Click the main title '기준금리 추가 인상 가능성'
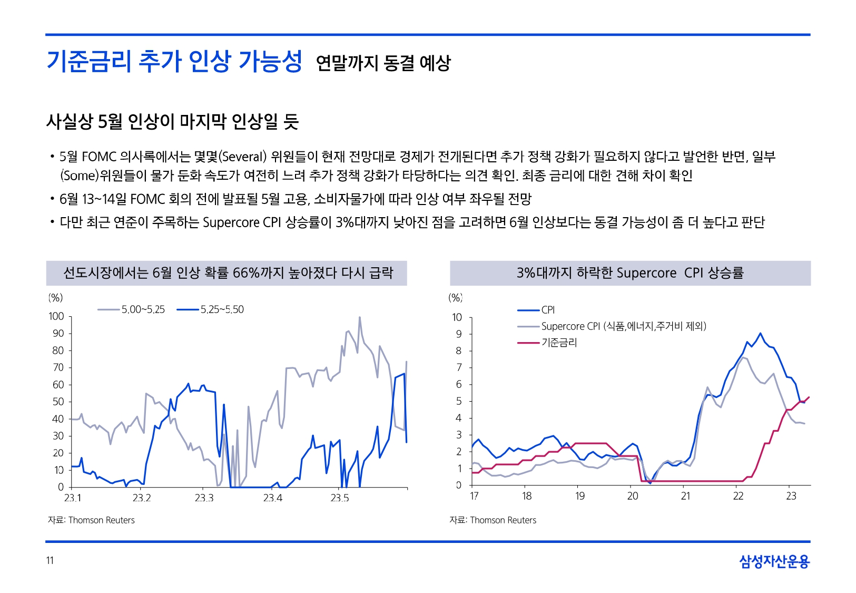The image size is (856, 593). [x=174, y=62]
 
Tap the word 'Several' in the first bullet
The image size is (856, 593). [x=243, y=157]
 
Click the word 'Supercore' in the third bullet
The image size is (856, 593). [x=231, y=222]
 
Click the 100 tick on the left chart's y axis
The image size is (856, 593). [x=56, y=316]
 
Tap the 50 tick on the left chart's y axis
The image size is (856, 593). [x=58, y=402]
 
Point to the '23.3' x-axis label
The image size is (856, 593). [x=204, y=498]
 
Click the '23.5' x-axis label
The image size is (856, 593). [x=340, y=498]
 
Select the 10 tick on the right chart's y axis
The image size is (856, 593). [x=457, y=317]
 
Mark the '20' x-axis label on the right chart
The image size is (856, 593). [x=633, y=496]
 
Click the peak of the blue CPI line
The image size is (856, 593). [x=760, y=333]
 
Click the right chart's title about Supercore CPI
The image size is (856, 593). [x=630, y=273]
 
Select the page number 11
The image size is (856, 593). [x=50, y=560]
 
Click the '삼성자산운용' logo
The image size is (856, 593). [x=774, y=561]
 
